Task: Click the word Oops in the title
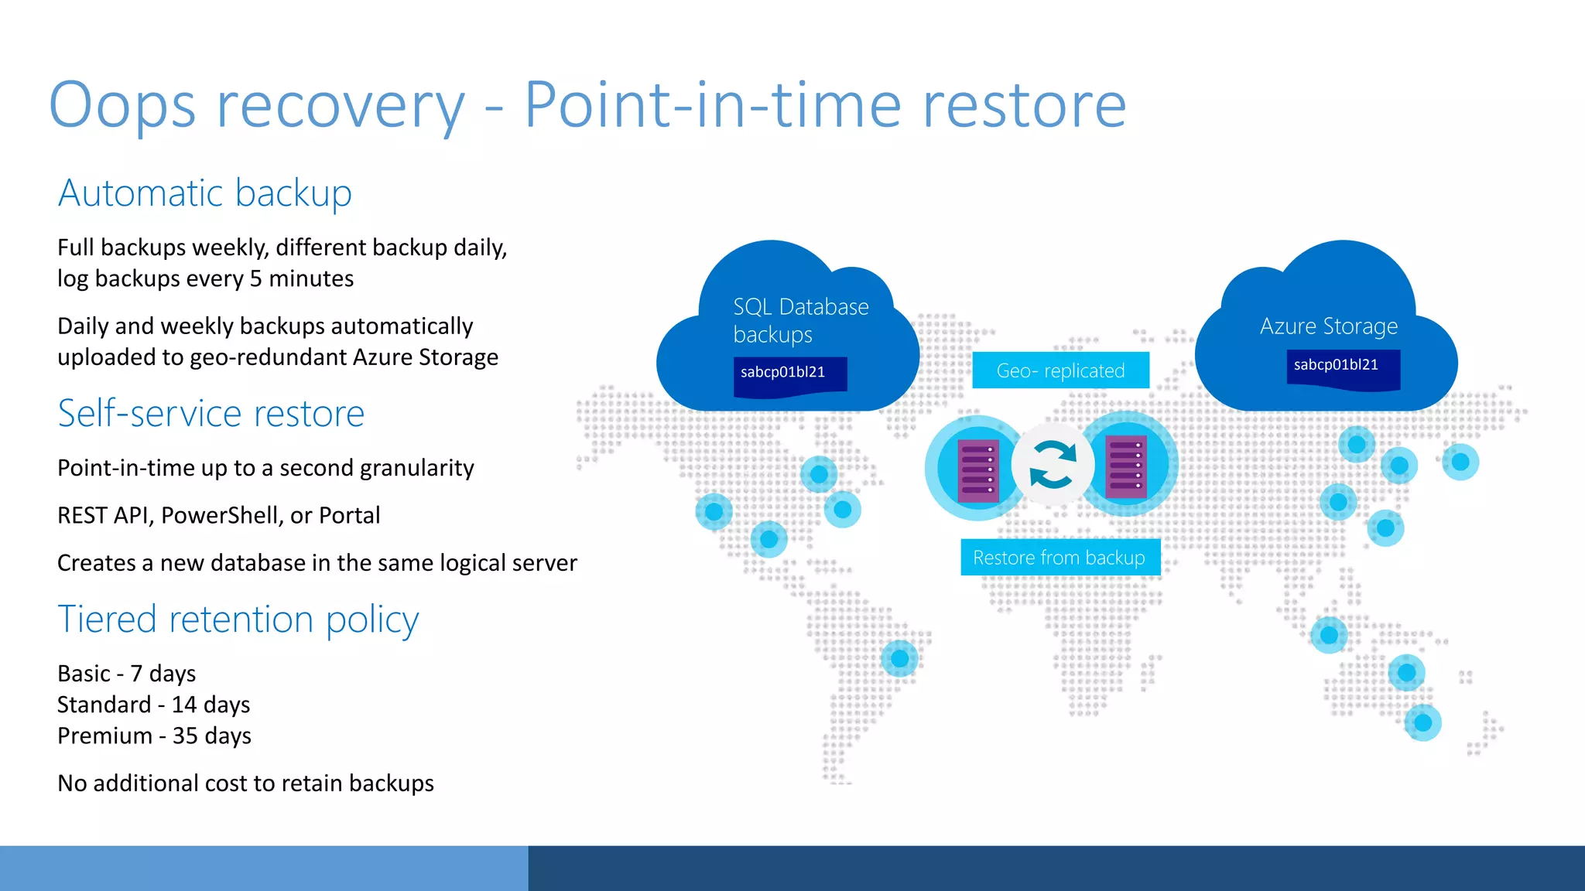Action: tap(122, 105)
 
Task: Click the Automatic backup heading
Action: tap(204, 193)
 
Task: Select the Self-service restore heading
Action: tap(211, 414)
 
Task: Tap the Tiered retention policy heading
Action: tap(238, 620)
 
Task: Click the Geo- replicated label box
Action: tap(1060, 370)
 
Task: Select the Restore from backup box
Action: tap(1060, 558)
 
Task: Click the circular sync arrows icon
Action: tap(1053, 464)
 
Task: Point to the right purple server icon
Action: tap(1126, 466)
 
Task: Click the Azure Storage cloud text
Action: tap(1328, 326)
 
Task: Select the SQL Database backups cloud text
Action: tap(799, 320)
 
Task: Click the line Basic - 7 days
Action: tap(126, 674)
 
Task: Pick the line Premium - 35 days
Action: tap(154, 736)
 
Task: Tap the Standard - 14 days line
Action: tap(153, 705)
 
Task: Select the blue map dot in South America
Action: tap(899, 658)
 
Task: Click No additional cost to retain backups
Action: tap(245, 783)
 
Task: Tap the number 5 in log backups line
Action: tap(255, 279)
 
